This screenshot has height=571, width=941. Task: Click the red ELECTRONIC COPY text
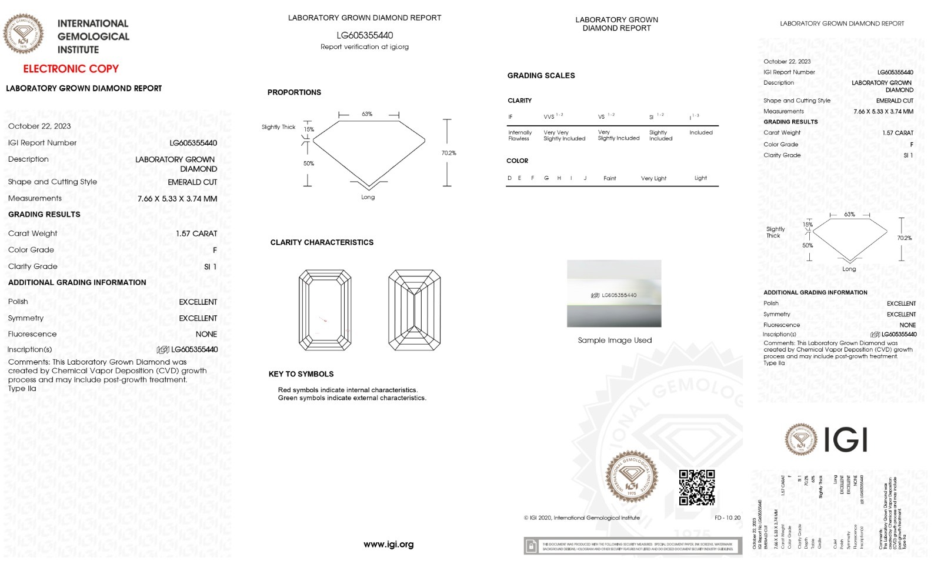71,69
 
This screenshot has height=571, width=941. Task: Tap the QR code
697,487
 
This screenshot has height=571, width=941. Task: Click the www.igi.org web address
388,545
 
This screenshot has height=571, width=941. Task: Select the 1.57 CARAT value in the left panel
196,233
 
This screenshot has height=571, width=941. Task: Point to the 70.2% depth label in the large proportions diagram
449,153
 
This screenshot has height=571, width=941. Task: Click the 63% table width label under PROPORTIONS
367,114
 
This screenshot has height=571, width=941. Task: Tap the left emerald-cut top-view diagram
325,309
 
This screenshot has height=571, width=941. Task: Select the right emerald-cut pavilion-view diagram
414,309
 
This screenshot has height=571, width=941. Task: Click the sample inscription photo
614,293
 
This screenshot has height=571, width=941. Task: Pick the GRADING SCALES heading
541,75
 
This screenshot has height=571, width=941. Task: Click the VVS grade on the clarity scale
549,116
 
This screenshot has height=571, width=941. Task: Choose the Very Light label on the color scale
653,178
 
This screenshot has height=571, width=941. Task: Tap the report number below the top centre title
365,35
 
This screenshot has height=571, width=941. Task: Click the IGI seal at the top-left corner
24,34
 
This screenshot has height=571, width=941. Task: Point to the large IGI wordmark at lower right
845,439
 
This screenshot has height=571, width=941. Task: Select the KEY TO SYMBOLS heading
301,374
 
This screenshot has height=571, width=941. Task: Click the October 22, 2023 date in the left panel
39,126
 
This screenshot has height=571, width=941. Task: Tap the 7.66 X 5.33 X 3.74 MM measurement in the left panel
177,199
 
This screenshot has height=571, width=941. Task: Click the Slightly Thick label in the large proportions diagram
278,127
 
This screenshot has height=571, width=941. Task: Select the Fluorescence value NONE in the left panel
206,334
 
